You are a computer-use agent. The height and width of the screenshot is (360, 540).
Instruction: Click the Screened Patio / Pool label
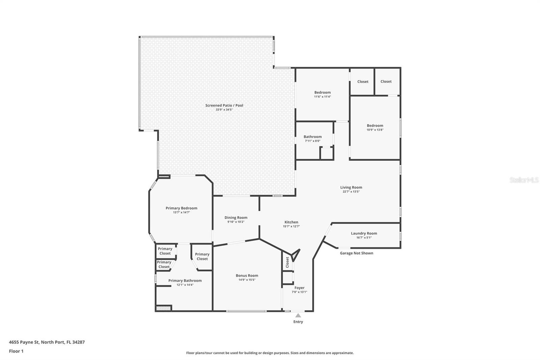(224, 105)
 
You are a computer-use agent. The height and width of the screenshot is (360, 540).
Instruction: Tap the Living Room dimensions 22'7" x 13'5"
(351, 192)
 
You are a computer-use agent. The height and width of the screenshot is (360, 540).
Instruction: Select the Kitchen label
(291, 222)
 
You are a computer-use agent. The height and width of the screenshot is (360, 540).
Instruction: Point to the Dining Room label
(236, 218)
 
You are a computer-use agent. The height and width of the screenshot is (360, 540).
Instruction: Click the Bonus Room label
(247, 276)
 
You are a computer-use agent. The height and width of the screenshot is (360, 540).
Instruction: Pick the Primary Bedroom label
(181, 208)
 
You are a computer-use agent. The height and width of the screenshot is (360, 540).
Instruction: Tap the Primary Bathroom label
(185, 281)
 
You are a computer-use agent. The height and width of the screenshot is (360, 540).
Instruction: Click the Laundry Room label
(364, 233)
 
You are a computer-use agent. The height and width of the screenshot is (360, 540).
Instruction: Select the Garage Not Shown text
(356, 253)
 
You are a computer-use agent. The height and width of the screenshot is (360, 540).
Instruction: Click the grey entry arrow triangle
(298, 315)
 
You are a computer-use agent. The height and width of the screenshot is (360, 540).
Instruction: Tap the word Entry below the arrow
(298, 322)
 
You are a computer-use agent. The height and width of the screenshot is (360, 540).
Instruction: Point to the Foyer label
(299, 288)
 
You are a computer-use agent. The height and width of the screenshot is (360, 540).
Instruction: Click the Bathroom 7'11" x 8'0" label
(313, 137)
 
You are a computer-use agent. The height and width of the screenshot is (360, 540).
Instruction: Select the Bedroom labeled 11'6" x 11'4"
(322, 93)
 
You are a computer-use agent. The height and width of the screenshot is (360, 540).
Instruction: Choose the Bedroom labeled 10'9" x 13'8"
(375, 126)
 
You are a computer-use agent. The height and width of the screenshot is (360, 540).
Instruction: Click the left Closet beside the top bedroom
(363, 82)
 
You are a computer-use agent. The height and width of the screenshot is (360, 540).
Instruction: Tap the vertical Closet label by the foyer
(288, 262)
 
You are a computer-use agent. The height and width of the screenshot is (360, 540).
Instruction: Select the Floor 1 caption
(16, 351)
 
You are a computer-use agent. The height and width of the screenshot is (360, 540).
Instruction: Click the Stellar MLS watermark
(524, 180)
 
